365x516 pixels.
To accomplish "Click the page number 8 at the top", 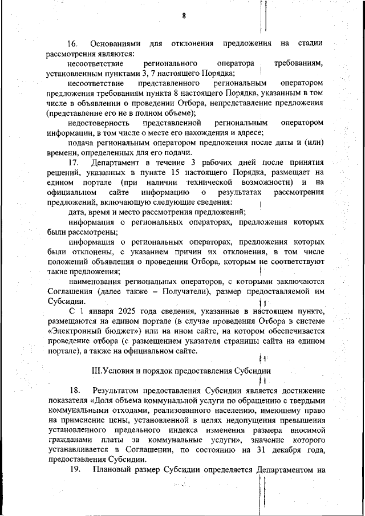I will [x=184, y=16].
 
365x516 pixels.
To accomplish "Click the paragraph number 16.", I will [x=72, y=43].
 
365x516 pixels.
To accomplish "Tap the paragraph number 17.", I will [x=72, y=162].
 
